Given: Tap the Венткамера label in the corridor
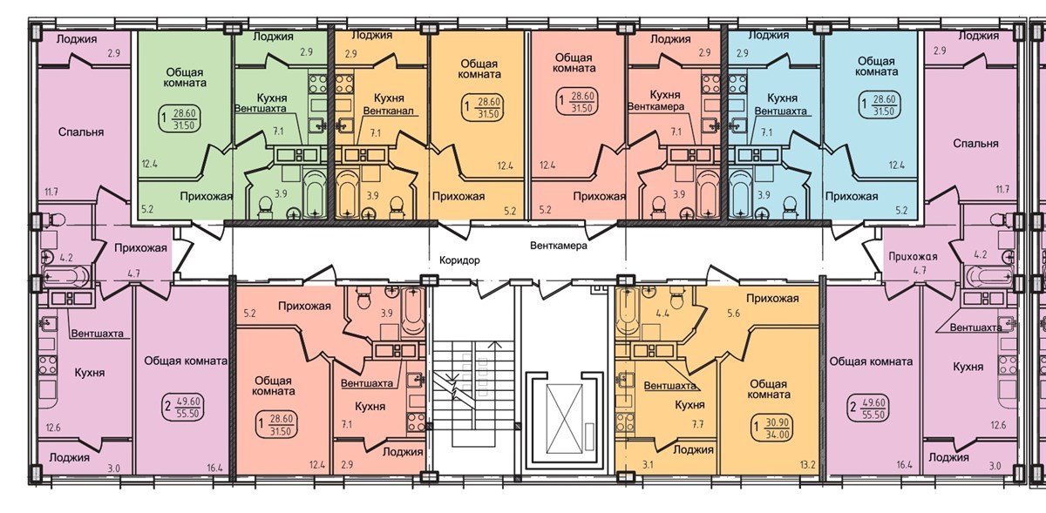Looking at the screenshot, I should pos(559,246).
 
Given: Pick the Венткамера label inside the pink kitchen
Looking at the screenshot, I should pos(677,111).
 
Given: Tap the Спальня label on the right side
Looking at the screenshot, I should pos(975,143).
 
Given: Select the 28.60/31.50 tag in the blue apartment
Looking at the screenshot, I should pos(880,105).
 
